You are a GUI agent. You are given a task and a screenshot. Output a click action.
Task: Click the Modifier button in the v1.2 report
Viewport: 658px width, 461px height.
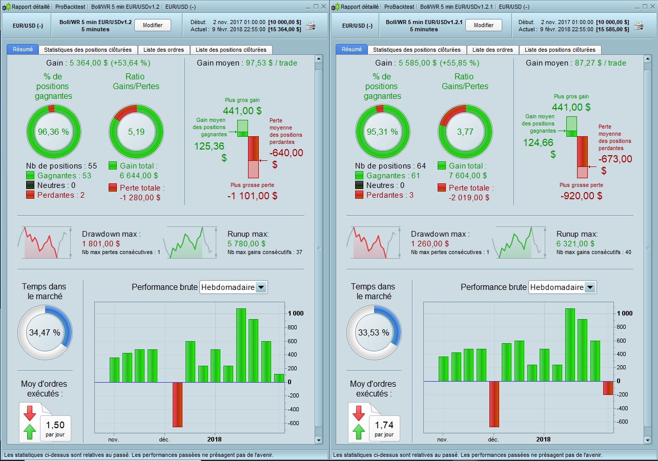[152, 25]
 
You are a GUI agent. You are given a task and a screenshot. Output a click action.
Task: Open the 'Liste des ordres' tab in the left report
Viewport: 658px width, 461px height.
[163, 50]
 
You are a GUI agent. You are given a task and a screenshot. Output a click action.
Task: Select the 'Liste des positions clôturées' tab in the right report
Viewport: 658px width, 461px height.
[560, 50]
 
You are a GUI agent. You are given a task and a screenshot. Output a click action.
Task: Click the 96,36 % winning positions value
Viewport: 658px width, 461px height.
[53, 132]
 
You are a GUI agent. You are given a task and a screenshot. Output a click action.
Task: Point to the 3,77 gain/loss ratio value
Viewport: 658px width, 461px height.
[465, 132]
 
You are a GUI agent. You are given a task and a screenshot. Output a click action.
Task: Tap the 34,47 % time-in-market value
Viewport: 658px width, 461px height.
[45, 332]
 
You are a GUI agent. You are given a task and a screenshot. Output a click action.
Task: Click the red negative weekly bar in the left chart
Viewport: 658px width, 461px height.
[177, 404]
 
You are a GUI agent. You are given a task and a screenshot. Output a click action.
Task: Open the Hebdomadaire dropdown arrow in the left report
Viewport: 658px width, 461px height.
[261, 287]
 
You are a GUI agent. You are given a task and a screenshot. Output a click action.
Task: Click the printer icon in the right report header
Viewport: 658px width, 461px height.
[639, 26]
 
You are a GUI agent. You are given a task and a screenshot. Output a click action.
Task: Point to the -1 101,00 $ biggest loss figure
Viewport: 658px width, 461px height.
[253, 196]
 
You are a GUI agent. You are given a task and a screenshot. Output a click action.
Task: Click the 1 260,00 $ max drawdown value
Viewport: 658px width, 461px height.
[429, 244]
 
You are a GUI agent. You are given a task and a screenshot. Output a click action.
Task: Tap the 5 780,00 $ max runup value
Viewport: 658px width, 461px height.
[246, 244]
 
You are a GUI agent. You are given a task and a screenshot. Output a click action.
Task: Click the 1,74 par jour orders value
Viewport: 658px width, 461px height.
[384, 425]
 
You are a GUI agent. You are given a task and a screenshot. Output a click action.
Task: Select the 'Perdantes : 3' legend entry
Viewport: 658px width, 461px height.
[390, 195]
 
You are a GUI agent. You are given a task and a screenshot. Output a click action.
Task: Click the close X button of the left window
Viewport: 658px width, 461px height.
[323, 7]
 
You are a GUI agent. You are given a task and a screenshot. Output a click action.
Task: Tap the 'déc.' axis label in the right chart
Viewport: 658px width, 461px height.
[493, 439]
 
